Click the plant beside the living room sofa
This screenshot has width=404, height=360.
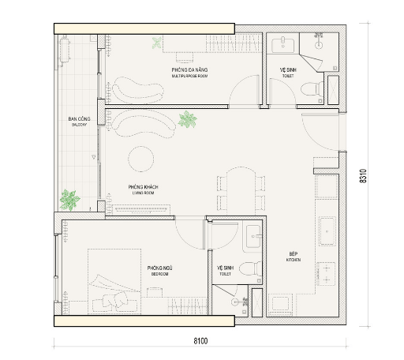[x=188, y=120]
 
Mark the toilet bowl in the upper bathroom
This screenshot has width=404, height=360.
[x=315, y=84]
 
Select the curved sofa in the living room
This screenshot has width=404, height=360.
[x=144, y=123]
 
